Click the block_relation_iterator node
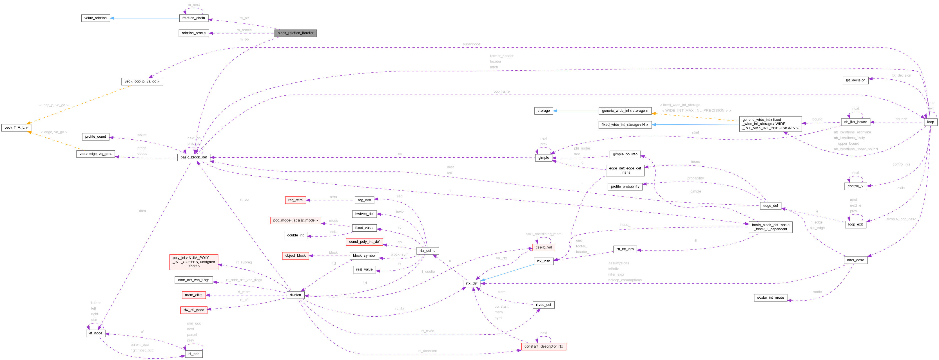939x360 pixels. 295,33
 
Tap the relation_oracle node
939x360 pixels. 193,33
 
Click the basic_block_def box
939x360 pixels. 193,157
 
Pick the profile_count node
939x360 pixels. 95,137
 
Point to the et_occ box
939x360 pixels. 193,354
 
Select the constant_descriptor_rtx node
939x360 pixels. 543,346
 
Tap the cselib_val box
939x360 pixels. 543,247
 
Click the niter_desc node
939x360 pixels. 855,260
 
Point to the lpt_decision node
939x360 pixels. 855,80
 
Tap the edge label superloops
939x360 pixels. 471,44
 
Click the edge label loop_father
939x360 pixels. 501,92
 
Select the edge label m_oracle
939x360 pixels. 244,30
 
